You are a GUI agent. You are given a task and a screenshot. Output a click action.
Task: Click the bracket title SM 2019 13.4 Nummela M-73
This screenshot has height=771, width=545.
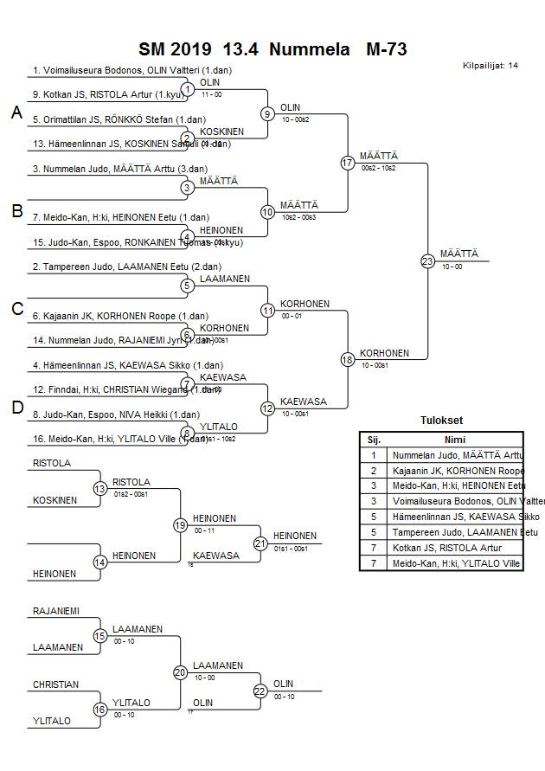[x=272, y=49]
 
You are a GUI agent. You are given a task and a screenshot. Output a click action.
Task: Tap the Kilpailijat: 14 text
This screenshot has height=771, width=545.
[x=490, y=66]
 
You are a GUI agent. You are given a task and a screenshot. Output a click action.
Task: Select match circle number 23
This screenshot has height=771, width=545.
[x=427, y=260]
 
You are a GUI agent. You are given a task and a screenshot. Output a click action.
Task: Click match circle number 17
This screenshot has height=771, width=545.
[x=348, y=163]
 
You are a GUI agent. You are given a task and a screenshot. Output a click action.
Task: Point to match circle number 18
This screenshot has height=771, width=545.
[x=348, y=358]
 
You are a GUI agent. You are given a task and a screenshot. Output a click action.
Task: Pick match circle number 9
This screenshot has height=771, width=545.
[x=268, y=113]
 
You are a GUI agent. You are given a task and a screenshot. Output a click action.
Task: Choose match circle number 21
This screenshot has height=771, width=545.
[x=260, y=543]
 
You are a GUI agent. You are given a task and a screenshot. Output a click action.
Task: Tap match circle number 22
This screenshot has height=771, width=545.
[x=260, y=691]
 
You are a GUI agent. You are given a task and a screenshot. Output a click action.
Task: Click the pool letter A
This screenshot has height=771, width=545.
[x=16, y=112]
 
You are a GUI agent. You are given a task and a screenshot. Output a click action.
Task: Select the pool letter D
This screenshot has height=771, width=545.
[x=16, y=408]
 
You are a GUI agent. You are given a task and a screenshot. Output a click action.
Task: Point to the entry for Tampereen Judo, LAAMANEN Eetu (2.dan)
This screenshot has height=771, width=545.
[x=111, y=267]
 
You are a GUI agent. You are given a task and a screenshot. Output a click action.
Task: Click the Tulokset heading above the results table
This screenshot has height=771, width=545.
[x=440, y=421]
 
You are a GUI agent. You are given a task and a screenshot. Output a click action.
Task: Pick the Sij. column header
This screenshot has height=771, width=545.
[x=374, y=440]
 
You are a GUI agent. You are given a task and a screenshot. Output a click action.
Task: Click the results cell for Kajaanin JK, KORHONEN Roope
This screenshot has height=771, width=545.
[x=456, y=471]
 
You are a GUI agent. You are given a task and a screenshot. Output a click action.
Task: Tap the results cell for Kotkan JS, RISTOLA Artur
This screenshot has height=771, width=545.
[x=456, y=549]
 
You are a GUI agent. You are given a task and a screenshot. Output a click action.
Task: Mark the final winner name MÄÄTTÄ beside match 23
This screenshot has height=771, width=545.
[x=458, y=254]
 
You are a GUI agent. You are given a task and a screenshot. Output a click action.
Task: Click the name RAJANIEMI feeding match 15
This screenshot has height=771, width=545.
[x=56, y=611]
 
